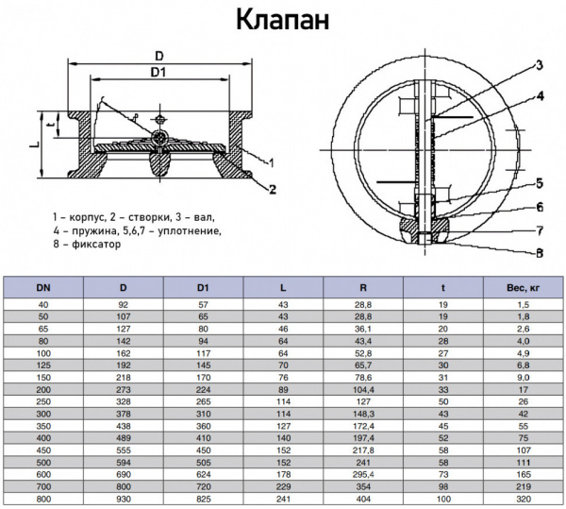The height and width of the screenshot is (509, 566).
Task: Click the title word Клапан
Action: pyautogui.click(x=282, y=21)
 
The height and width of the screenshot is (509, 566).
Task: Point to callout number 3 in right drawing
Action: pyautogui.click(x=540, y=65)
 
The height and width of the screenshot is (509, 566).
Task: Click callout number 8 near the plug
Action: pyautogui.click(x=539, y=252)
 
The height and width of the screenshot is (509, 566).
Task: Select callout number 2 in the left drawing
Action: pyautogui.click(x=272, y=189)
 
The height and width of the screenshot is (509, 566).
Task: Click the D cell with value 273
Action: pyautogui.click(x=124, y=388)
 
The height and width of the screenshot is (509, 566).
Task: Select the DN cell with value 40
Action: pyautogui.click(x=44, y=304)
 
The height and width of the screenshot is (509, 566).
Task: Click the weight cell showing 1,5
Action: pyautogui.click(x=523, y=304)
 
